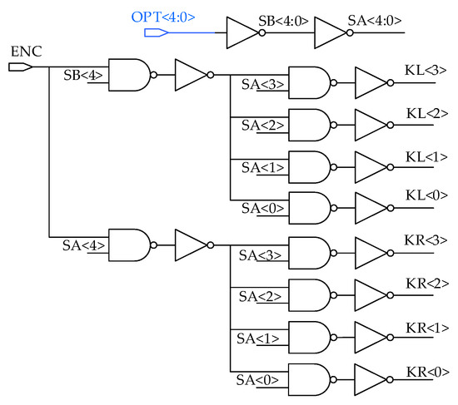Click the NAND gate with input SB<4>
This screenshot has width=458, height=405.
click(x=130, y=75)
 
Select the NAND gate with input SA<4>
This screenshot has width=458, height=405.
click(x=130, y=244)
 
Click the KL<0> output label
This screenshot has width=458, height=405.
click(x=423, y=194)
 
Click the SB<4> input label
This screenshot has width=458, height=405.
click(x=84, y=75)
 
